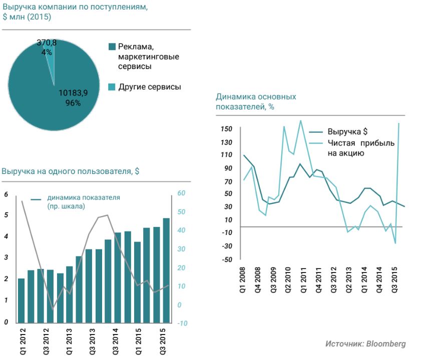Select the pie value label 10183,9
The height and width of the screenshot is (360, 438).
pos(73,93)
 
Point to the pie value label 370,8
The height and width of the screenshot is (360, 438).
pos(47,43)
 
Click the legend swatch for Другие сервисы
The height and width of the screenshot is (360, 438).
pos(112,87)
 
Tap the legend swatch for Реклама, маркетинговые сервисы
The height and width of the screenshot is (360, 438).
pos(112,47)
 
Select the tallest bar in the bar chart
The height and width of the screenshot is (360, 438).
pos(166,270)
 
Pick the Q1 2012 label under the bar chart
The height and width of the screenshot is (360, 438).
pos(23,343)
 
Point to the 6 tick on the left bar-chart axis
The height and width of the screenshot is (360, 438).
pos(6,194)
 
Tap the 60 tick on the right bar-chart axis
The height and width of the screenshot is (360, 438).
pos(182,193)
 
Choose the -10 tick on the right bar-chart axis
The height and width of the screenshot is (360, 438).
pos(182,323)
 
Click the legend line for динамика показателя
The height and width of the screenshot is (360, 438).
pos(37,199)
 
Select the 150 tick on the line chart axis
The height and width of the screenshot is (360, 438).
pos(226,129)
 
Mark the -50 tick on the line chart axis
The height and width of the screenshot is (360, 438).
pos(226,259)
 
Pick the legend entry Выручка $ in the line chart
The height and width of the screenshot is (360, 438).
pos(347,132)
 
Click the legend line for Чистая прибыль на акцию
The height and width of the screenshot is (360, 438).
pos(315,143)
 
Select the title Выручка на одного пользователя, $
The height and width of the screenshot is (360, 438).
pos(71,171)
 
